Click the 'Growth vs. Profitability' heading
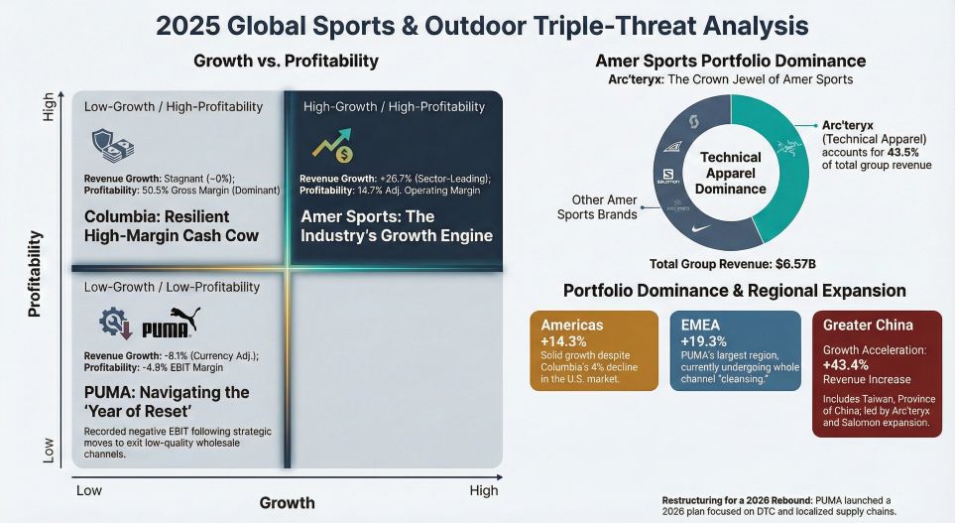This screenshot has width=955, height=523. [x=286, y=62]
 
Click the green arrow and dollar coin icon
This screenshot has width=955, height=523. [x=330, y=147]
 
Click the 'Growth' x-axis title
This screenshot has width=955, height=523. [x=287, y=503]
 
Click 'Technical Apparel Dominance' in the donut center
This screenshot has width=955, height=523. [x=730, y=173]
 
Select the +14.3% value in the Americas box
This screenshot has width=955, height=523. [x=559, y=341]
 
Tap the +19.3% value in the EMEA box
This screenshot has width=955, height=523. [x=701, y=341]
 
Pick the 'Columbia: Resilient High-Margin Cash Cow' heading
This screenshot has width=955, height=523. [x=157, y=226]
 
